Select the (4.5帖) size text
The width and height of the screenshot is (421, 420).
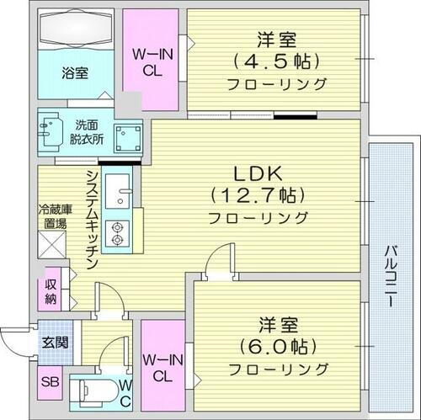point(275,61)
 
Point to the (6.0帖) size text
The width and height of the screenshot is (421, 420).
point(276,346)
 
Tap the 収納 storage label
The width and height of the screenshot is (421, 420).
point(51,292)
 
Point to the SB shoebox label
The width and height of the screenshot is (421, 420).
point(49,381)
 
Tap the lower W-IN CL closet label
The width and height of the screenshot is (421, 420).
point(163,369)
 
